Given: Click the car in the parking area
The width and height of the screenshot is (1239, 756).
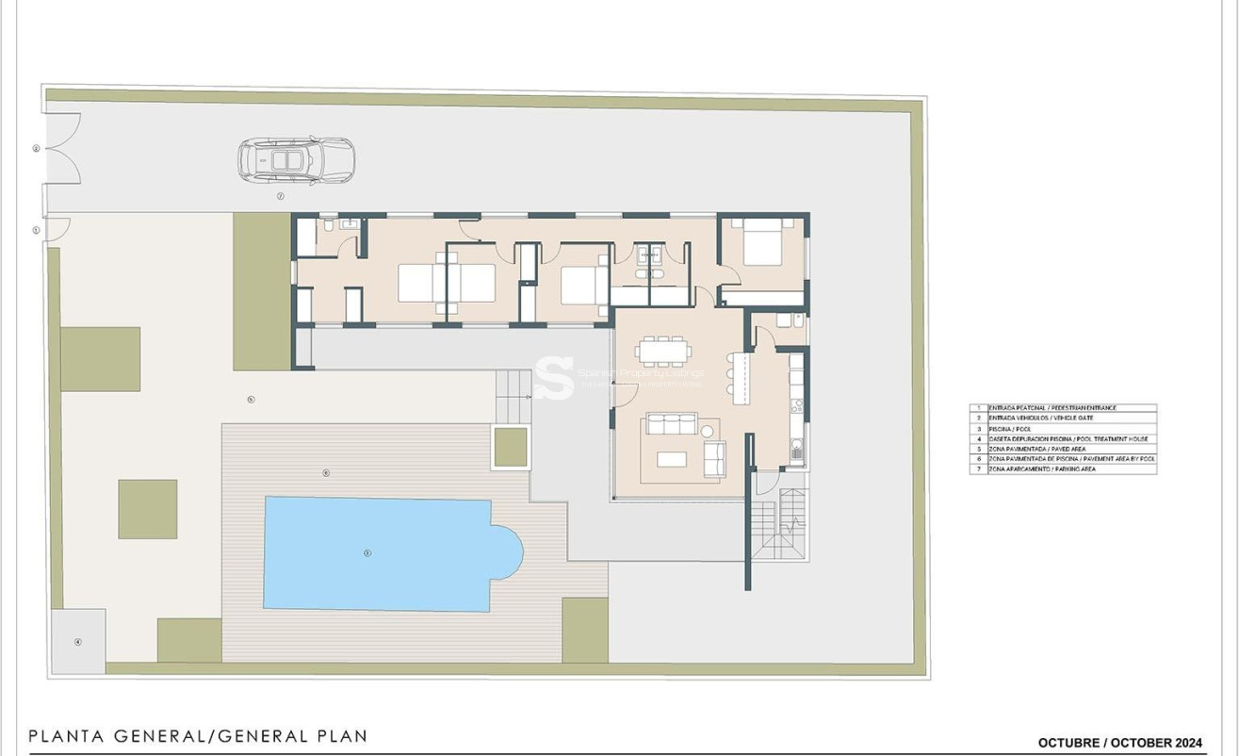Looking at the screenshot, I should click(x=296, y=160).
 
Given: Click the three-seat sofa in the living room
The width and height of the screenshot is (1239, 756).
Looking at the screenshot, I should click(x=672, y=424).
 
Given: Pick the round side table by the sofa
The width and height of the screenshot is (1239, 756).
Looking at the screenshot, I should click(x=707, y=431).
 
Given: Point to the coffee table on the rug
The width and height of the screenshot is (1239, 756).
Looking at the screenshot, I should click(x=672, y=459).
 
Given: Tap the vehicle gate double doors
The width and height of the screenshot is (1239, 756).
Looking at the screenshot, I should click(x=63, y=149).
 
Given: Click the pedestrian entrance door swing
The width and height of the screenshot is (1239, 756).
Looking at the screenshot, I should click(x=57, y=229).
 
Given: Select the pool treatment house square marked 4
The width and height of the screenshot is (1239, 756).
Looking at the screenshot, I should click(x=78, y=642).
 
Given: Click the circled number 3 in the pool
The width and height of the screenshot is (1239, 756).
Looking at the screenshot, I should click(x=367, y=553).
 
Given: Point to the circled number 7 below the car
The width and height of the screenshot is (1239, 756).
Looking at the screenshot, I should click(x=280, y=196).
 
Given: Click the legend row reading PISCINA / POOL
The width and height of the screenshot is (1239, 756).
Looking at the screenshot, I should click(x=1063, y=429).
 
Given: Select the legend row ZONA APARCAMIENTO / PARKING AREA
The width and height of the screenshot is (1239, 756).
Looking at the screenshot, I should click(x=1063, y=468).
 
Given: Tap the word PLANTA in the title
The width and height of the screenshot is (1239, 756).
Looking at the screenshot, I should click(x=67, y=736).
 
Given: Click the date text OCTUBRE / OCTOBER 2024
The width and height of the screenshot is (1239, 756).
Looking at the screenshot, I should click(x=1119, y=743).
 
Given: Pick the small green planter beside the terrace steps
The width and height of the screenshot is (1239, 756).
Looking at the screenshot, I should click(x=511, y=447).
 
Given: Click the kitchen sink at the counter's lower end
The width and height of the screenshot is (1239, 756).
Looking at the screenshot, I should click(x=797, y=452).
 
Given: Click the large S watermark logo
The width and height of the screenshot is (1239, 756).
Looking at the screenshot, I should click(x=554, y=378).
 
